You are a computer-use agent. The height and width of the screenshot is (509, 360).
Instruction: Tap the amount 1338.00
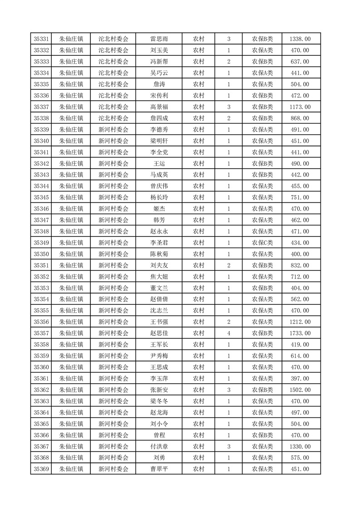300,39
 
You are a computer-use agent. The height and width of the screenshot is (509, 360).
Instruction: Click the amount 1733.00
300,333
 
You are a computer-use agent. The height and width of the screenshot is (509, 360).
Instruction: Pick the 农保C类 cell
262,243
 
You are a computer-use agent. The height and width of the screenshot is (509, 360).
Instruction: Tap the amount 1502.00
300,390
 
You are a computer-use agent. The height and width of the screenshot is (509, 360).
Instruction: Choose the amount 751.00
300,197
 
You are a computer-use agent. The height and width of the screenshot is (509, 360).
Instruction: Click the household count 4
228,333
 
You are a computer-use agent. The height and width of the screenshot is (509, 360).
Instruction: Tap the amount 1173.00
300,107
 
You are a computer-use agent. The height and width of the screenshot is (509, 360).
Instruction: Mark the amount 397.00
300,378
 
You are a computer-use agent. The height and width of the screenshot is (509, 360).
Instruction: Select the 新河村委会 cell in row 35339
113,130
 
